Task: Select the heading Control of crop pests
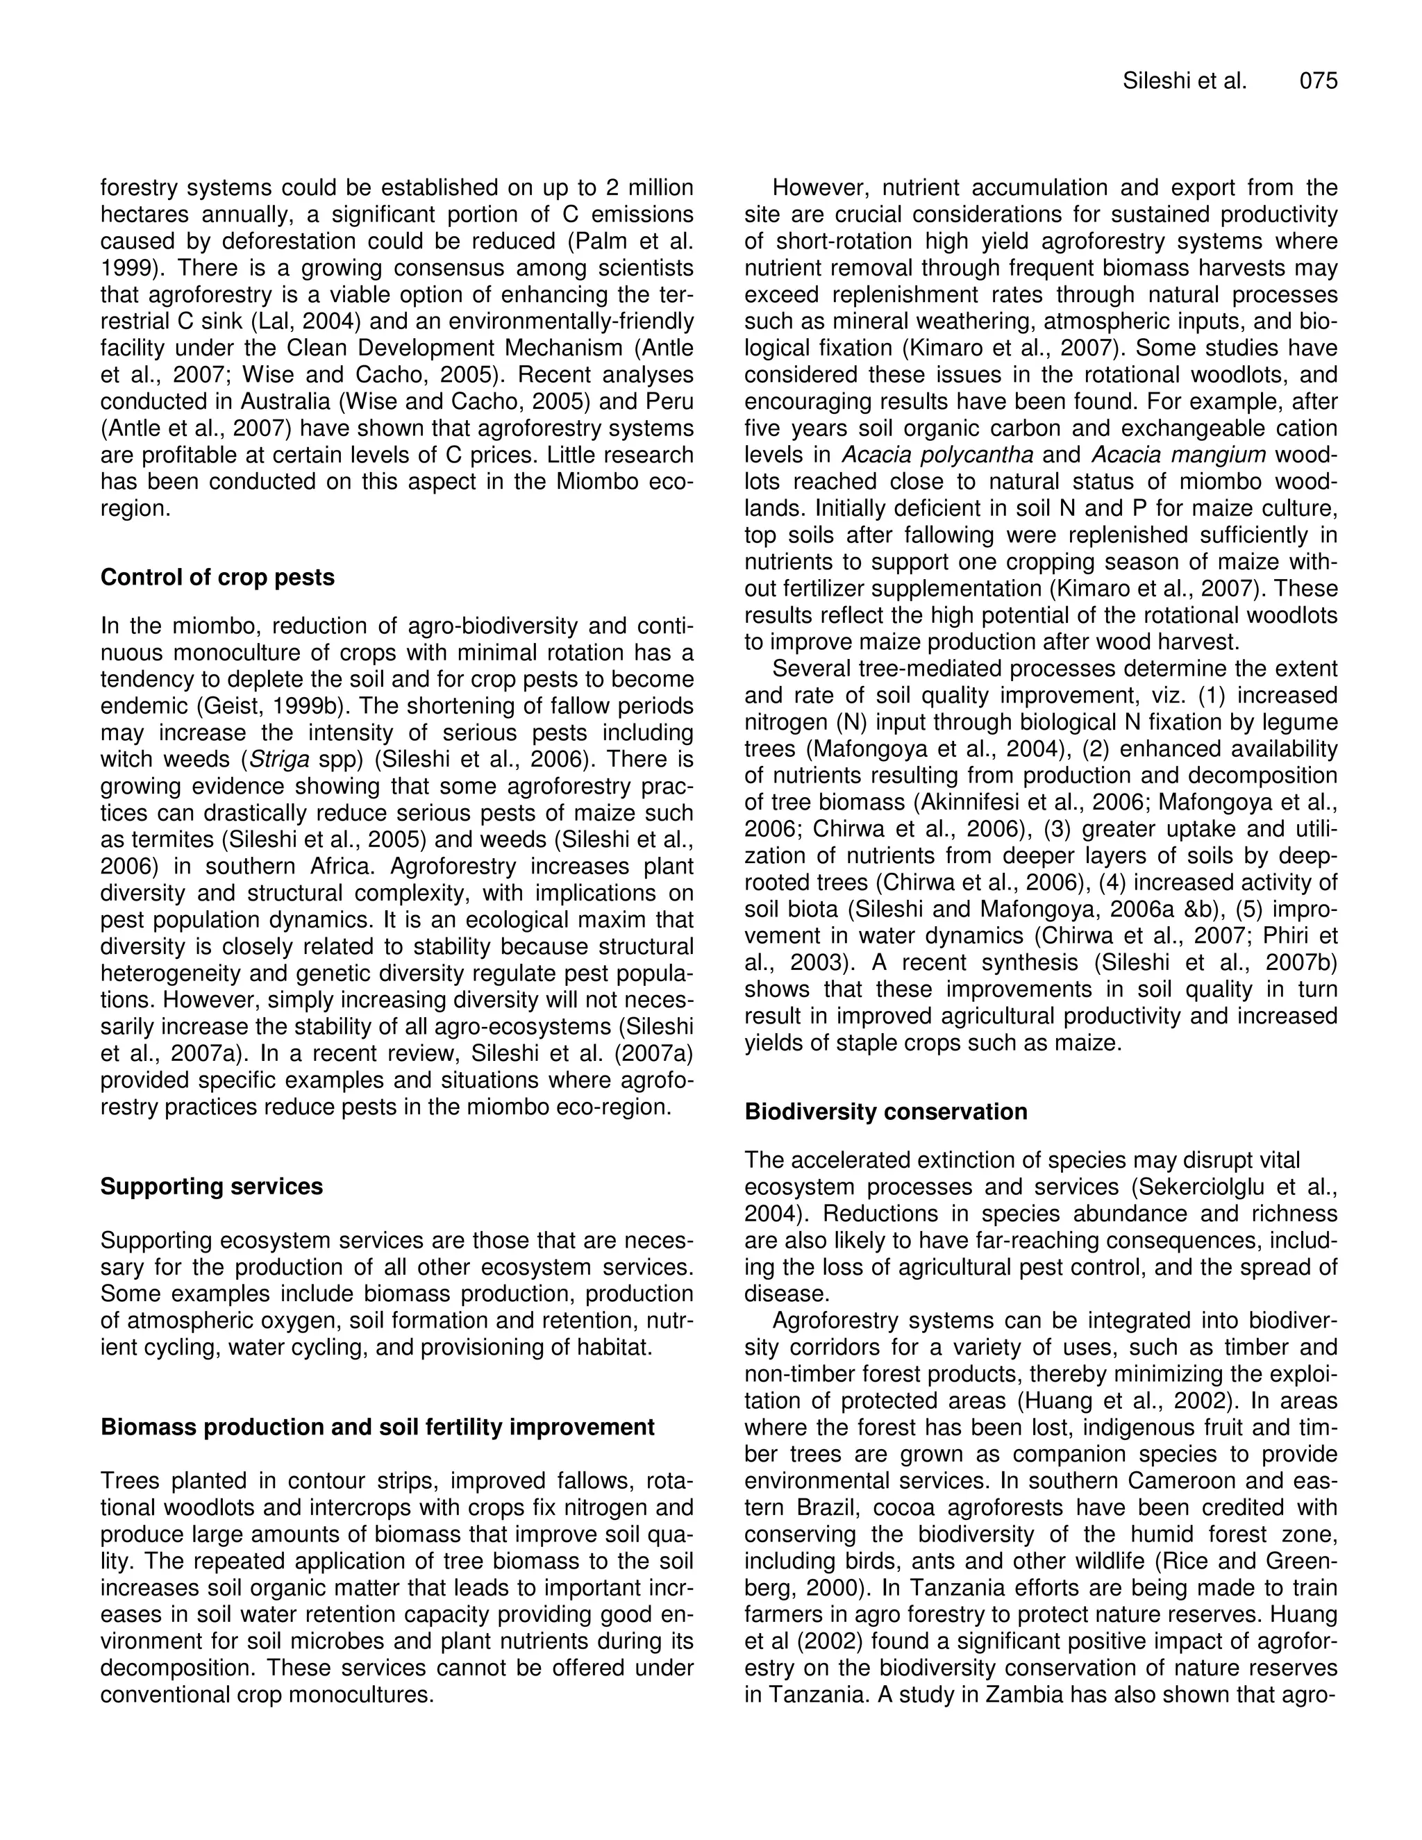[x=217, y=577]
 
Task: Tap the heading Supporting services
[x=212, y=1186]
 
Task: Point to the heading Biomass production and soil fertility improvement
[x=378, y=1426]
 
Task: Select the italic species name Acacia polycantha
[x=937, y=455]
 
